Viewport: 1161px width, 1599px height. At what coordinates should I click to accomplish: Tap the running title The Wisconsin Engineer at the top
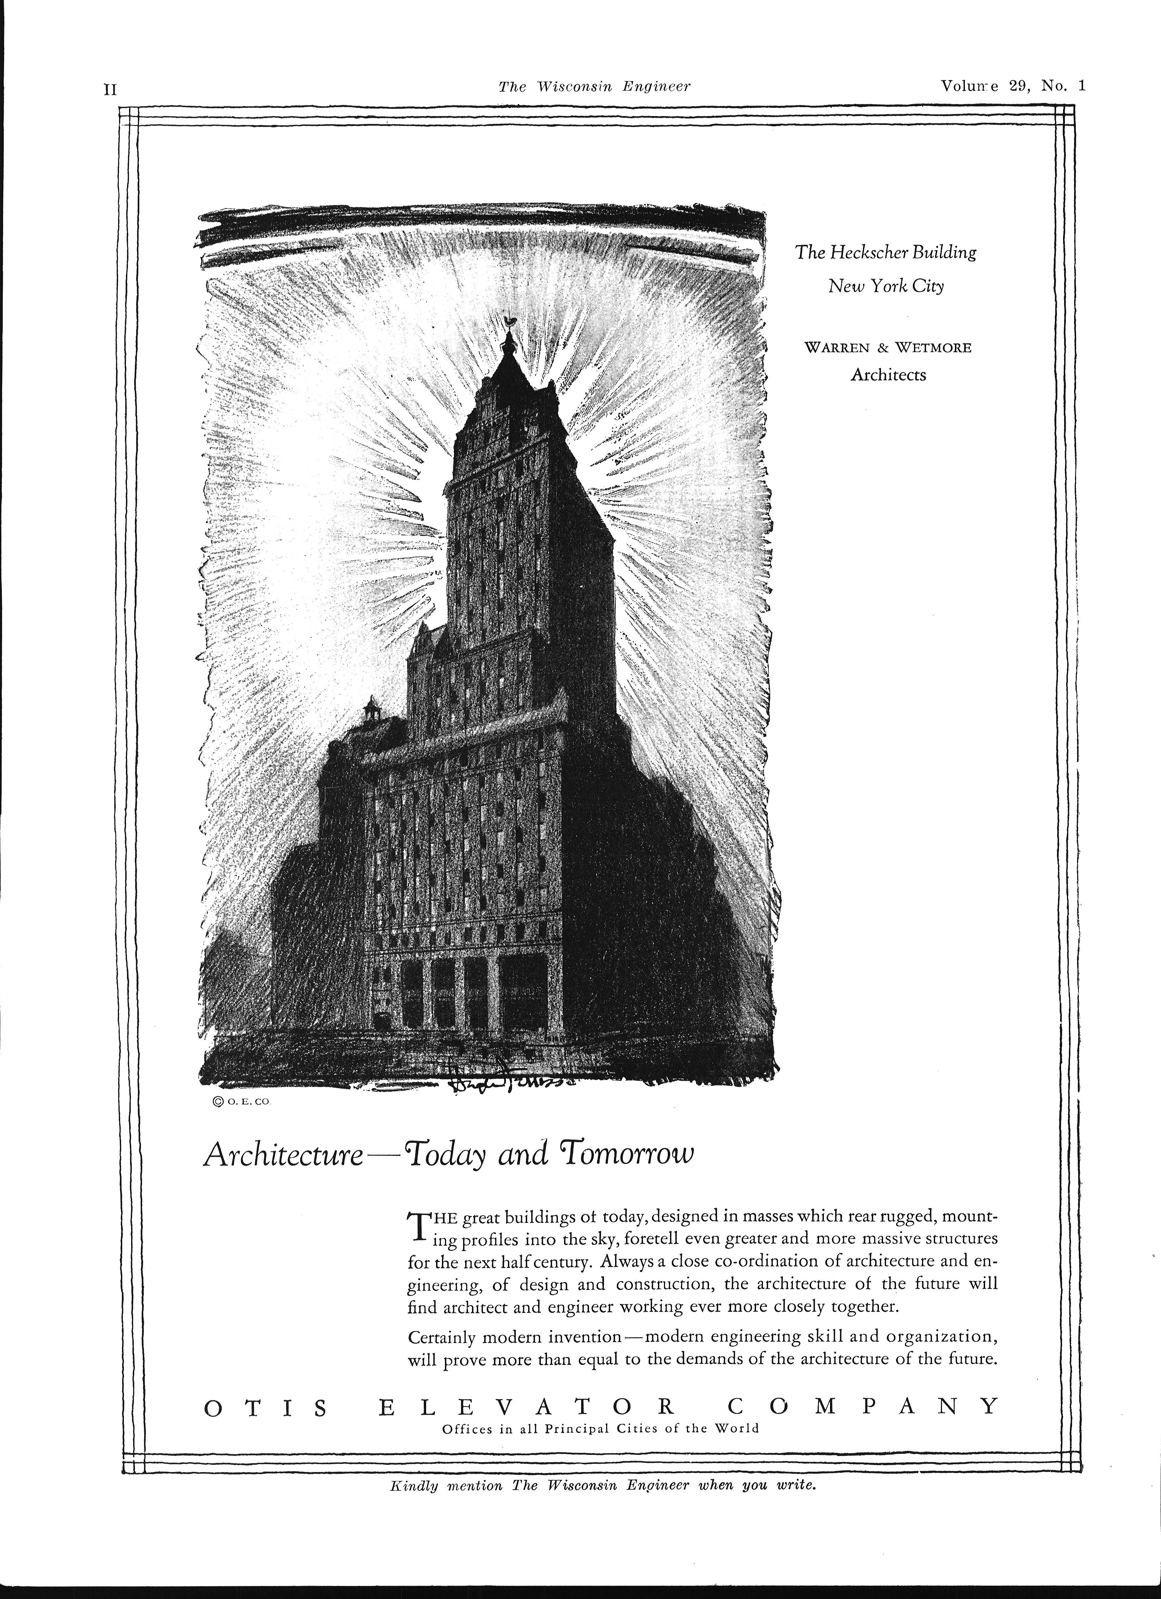tap(594, 86)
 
